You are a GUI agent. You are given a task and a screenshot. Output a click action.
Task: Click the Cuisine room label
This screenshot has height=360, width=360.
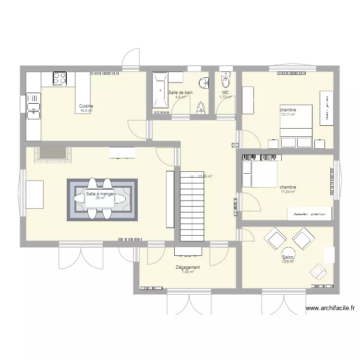86,106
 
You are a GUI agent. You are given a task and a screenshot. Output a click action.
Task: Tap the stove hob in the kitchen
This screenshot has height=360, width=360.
60,78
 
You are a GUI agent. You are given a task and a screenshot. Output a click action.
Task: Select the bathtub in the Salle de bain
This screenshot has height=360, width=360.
160,90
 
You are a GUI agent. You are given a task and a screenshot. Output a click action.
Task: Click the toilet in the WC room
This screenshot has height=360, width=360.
226,79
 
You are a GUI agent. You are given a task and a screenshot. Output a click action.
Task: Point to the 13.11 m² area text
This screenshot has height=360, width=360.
288,115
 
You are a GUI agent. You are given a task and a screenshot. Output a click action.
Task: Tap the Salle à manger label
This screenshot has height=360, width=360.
100,194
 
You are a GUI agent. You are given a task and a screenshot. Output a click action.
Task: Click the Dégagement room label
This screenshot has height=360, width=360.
188,267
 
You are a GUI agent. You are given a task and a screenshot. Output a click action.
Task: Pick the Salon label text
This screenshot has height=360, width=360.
288,257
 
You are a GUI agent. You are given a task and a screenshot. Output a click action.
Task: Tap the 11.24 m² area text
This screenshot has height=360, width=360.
288,192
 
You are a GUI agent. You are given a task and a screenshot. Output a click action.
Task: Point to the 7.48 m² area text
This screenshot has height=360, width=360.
188,272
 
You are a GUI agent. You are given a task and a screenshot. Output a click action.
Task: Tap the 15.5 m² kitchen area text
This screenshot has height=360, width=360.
86,110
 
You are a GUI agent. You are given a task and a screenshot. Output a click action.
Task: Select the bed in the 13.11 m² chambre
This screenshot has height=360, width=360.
296,126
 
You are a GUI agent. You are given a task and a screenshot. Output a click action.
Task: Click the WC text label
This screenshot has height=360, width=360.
225,93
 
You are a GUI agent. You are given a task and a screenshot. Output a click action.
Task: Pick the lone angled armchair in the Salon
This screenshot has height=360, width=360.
318,272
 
